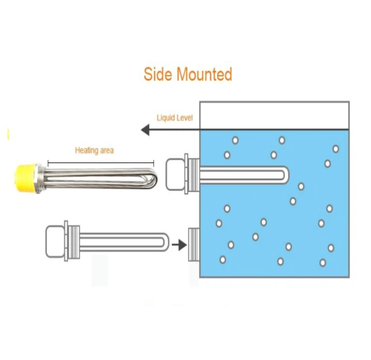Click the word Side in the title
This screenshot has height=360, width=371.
158,74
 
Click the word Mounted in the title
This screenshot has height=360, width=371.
204,74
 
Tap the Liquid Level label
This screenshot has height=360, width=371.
175,118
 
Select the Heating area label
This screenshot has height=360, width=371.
94,150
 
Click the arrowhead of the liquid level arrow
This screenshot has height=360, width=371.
145,130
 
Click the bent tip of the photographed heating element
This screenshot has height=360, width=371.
154,179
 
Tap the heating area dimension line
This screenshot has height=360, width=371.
101,163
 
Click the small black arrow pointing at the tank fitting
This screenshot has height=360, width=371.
179,244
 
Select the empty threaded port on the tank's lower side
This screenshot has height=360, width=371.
194,244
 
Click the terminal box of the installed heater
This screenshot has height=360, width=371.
175,175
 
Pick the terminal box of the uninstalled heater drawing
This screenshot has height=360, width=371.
55,241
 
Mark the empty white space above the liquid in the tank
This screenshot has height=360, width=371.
275,116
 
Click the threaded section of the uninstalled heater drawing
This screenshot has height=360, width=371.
74,241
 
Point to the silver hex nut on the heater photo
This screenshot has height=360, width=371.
40,179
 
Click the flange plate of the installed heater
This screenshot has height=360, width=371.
186,174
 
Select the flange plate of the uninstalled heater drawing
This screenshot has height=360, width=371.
66,241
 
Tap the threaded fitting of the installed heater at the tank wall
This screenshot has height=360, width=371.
194,175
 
